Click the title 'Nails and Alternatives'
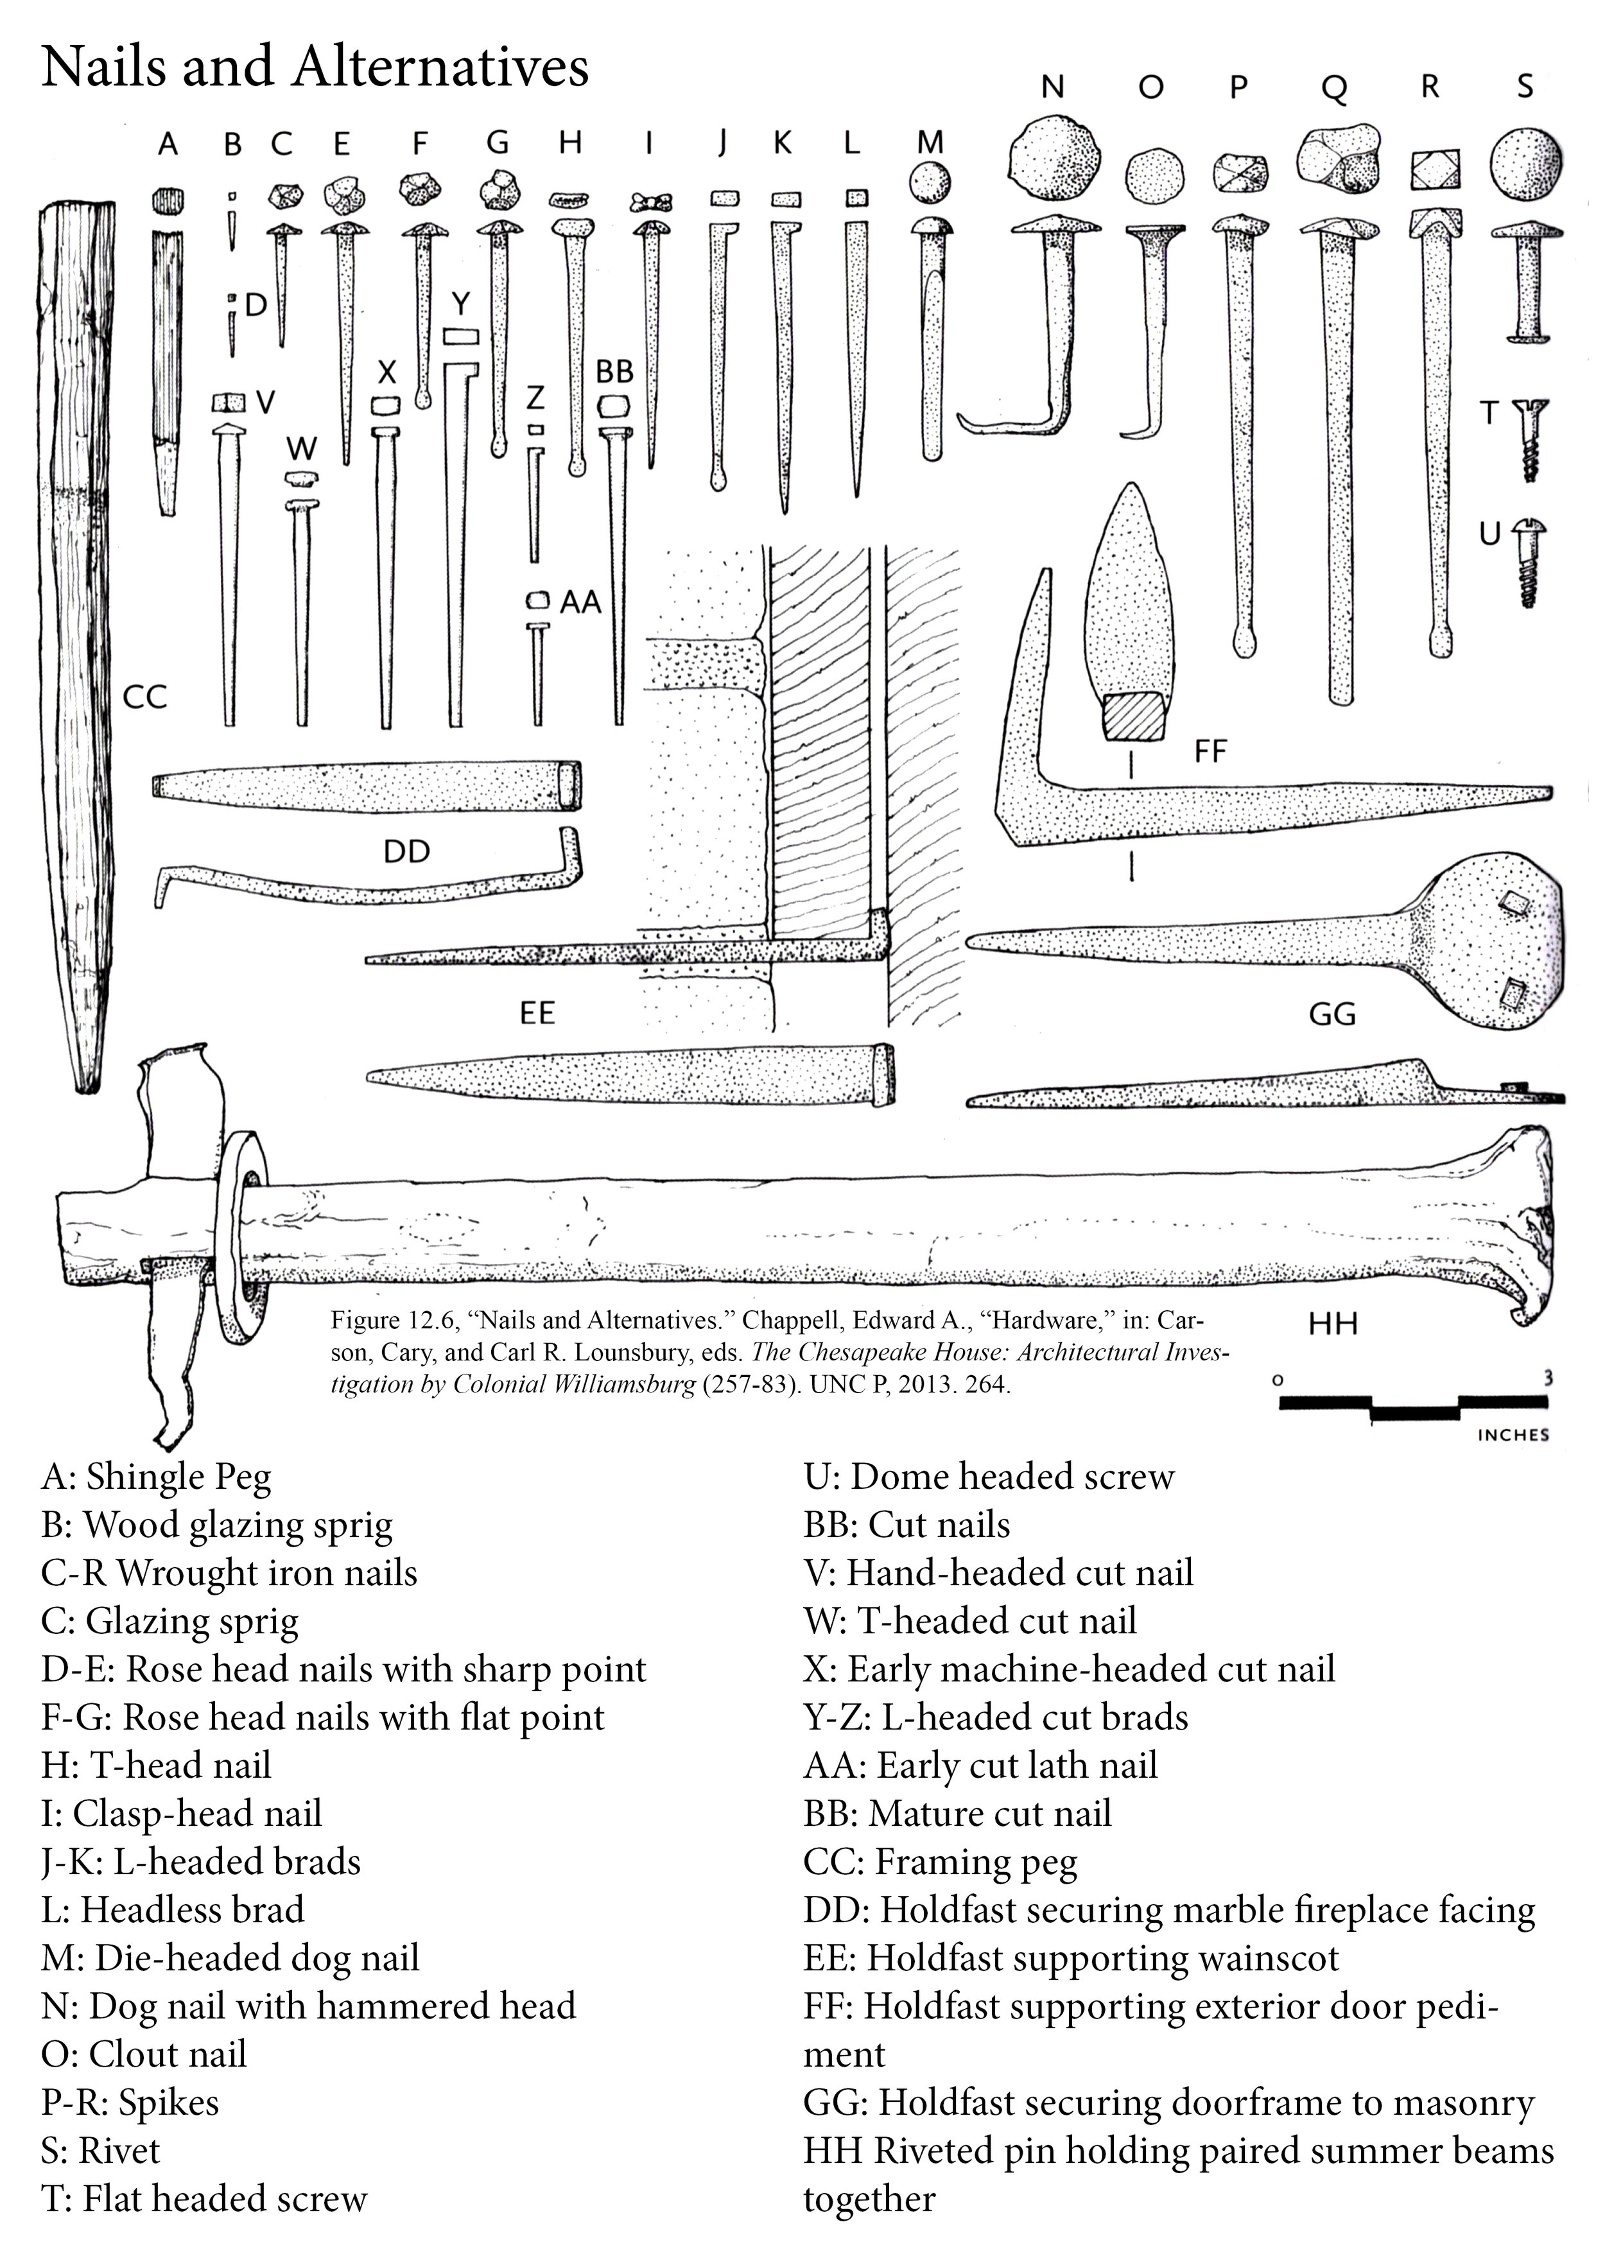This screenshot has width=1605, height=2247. tap(315, 67)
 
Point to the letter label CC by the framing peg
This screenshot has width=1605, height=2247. tap(144, 698)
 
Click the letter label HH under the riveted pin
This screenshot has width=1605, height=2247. tap(1333, 1323)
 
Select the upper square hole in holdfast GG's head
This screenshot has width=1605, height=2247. tap(1512, 901)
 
